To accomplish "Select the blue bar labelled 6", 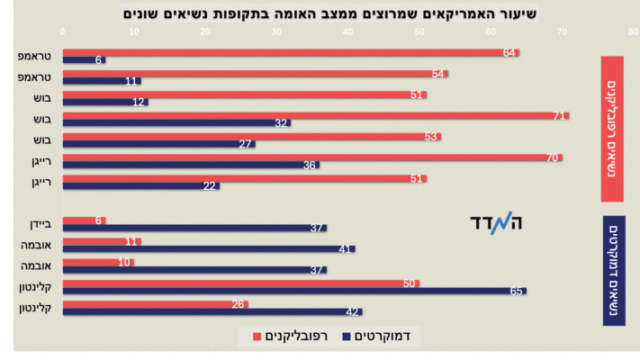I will (84, 61).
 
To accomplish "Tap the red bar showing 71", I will (315, 114).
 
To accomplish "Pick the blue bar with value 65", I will (294, 291).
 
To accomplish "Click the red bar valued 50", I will (240, 283).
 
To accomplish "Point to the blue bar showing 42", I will (212, 311).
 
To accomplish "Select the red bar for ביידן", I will (84, 220).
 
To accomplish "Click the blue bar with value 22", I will (140, 185).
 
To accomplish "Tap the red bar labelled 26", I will (155, 303).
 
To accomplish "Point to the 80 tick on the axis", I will (634, 31).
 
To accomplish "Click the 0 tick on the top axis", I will (63, 31).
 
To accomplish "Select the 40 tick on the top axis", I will (348, 31).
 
